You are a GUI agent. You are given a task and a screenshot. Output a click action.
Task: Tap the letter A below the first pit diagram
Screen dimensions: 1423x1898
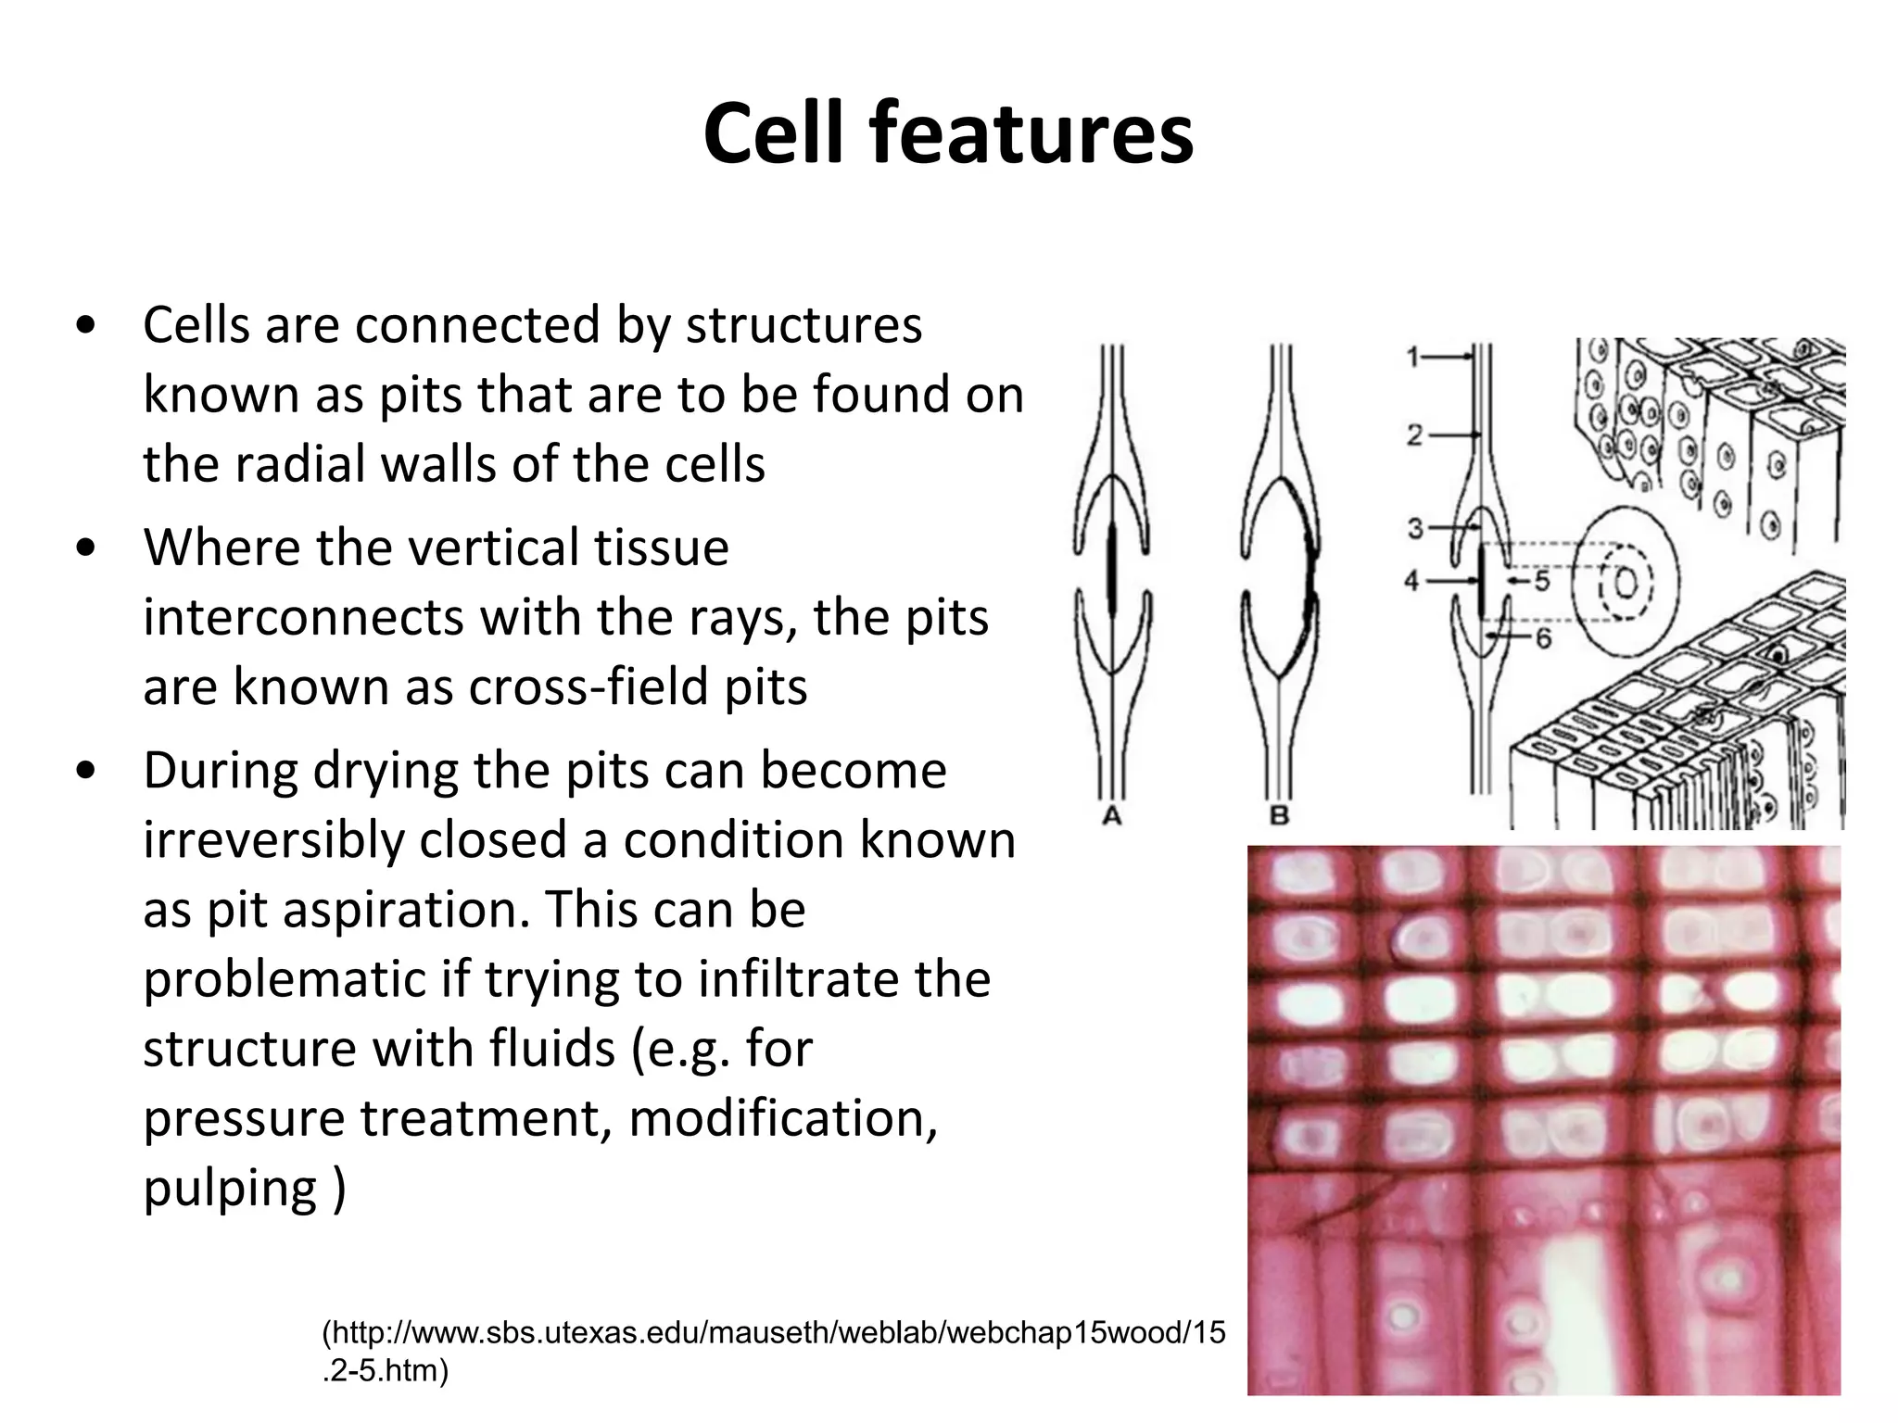pos(1112,816)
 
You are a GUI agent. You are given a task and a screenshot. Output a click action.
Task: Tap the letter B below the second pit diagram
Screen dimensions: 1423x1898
pos(1280,816)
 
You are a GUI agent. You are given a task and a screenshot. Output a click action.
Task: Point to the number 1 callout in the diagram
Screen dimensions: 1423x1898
pos(1413,357)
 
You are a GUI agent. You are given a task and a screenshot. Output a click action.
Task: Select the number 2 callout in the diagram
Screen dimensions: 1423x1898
pos(1414,434)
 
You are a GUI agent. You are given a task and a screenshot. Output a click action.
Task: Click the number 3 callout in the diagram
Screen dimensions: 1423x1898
pos(1415,528)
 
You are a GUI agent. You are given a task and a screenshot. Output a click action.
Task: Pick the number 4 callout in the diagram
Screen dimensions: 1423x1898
pos(1411,582)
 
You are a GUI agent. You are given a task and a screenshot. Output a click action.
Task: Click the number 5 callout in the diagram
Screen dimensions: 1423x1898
pos(1542,582)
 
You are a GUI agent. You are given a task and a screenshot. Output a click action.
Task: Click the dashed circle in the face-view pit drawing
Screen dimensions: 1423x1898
pos(1626,584)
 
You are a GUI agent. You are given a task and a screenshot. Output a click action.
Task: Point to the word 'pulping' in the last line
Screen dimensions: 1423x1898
pos(230,1189)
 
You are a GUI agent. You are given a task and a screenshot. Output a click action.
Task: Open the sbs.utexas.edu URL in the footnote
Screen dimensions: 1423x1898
pos(773,1334)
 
